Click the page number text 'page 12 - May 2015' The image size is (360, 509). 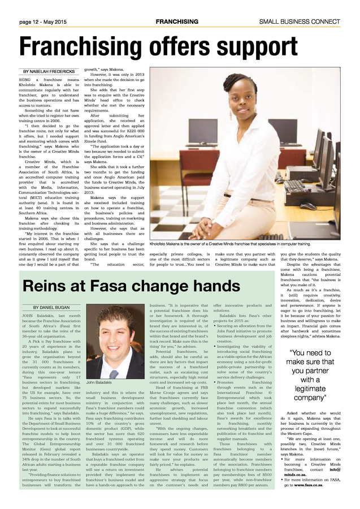(x=43, y=21)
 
